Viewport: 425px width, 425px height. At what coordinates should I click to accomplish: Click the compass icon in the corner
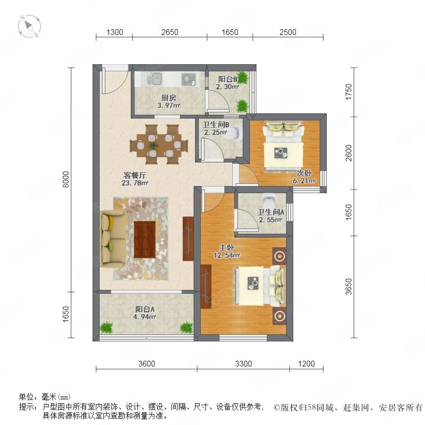[29, 26]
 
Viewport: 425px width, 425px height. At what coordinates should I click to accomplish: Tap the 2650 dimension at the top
[170, 32]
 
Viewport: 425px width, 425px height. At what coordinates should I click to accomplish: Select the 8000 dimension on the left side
[66, 179]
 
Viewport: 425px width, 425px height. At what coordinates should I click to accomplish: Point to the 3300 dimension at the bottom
[243, 364]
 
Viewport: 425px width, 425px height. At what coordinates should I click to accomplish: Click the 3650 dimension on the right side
[348, 287]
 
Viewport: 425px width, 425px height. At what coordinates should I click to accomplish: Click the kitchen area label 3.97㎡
[169, 105]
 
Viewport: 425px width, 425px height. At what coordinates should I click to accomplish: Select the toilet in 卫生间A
[269, 200]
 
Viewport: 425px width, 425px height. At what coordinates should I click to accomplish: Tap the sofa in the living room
[113, 238]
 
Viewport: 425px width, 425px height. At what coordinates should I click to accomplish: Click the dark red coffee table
[145, 239]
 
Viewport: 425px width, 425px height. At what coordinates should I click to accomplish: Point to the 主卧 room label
[227, 247]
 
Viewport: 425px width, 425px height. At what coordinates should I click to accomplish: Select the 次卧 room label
[304, 173]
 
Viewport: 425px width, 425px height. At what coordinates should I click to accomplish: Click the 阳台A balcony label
[145, 309]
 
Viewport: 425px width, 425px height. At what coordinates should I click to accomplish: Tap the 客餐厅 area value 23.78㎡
[135, 183]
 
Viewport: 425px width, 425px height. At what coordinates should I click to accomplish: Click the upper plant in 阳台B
[242, 77]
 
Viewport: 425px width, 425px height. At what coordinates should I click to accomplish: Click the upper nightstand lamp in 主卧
[280, 255]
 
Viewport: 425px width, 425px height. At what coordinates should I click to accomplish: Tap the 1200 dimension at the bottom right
[306, 364]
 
